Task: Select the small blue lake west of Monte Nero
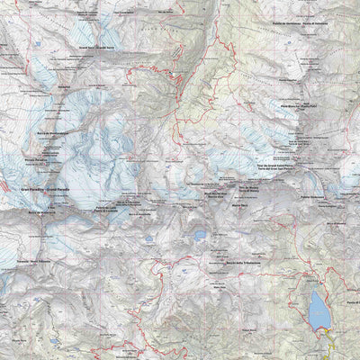(200, 236)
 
